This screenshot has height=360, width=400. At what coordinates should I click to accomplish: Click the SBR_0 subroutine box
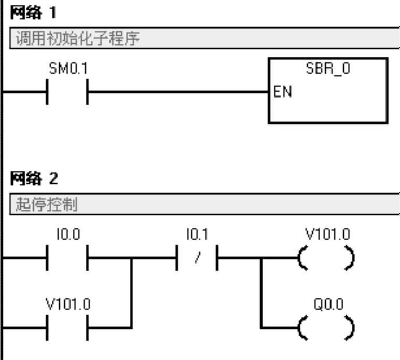328,91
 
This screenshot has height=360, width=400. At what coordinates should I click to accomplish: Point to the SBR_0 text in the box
328,70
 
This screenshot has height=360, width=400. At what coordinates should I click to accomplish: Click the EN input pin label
280,93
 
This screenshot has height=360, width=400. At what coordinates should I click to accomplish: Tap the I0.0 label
67,235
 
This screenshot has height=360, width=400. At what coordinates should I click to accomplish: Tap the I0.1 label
197,235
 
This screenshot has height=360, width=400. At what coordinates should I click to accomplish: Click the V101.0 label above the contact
67,304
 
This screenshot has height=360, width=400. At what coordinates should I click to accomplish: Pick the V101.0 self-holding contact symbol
67,327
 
